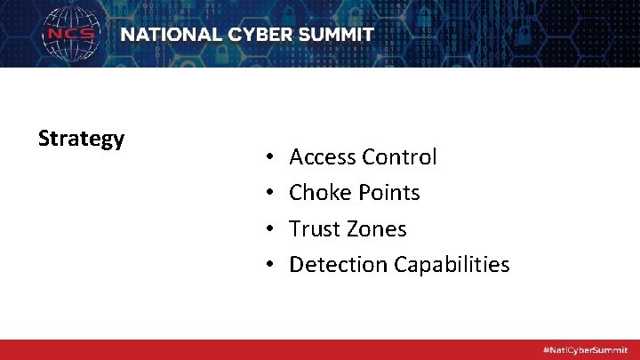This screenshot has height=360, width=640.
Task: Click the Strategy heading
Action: click(81, 140)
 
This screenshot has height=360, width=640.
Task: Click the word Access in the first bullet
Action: click(323, 157)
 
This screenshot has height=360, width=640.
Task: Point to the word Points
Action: click(388, 193)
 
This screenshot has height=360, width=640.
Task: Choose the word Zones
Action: click(375, 229)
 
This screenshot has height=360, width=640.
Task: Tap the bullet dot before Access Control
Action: click(268, 158)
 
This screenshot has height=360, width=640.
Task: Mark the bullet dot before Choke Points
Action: click(268, 194)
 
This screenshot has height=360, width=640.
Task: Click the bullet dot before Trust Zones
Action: click(268, 230)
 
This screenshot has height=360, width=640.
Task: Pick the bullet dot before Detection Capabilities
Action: click(268, 266)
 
